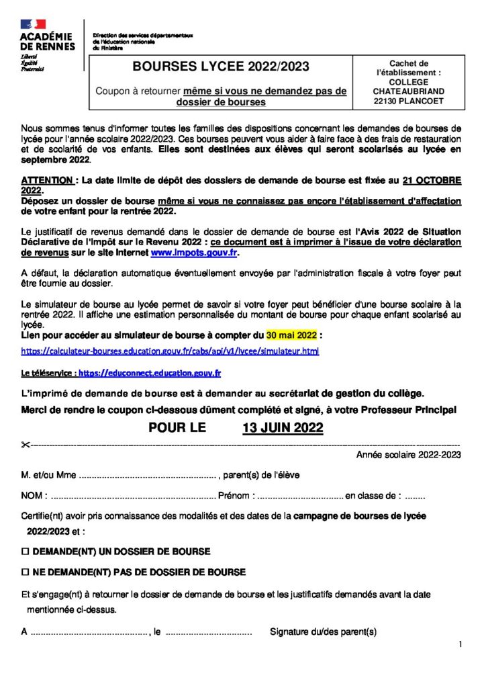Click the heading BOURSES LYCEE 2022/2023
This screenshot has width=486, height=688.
221,67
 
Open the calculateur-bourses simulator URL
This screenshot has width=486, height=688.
170,351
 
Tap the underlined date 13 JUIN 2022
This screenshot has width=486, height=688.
283,428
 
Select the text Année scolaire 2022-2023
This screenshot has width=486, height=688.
408,455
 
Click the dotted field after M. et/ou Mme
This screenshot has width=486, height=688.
148,475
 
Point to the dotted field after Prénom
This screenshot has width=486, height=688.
300,497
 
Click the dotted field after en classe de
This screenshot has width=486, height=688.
416,497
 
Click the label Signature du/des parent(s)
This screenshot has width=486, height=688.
323,632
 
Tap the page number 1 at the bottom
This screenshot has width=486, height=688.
460,645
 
